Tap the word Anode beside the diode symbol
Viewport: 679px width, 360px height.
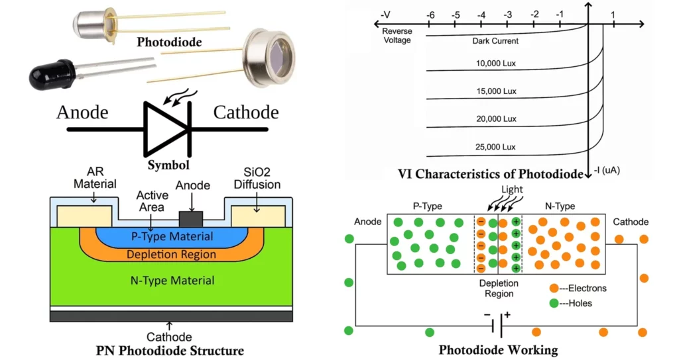tap(82, 112)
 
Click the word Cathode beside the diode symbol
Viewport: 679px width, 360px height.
tap(246, 112)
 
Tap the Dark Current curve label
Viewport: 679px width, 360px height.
tap(495, 41)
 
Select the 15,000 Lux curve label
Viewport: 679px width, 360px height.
tap(494, 91)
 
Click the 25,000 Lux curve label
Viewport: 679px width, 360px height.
tap(494, 147)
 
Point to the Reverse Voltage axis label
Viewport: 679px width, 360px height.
tap(397, 36)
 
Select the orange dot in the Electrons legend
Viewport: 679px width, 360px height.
tap(554, 289)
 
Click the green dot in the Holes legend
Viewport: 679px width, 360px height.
tap(554, 303)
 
